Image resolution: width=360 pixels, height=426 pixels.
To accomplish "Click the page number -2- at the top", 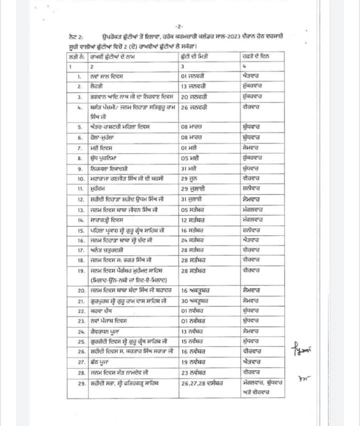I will tap(179, 26).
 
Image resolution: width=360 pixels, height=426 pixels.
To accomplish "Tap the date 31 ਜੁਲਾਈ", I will tap(193, 199).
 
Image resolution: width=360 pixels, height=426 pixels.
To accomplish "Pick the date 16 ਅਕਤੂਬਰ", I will tap(194, 290).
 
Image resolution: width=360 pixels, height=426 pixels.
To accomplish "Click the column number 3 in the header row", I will tap(182, 66).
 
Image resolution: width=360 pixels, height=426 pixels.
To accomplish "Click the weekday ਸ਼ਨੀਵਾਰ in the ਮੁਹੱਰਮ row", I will tap(251, 189).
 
